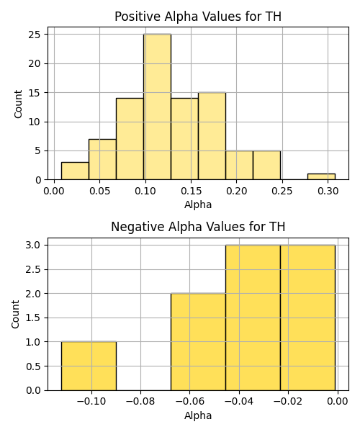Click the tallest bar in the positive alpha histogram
157,107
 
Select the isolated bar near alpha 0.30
321,176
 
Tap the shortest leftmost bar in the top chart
75,171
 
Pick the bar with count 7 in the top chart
102,160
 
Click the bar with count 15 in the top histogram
212,136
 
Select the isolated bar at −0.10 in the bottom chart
89,366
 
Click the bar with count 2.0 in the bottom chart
198,341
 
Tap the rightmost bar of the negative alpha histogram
308,318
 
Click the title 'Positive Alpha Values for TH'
198,17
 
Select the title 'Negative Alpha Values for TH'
198,227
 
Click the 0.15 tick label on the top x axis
191,191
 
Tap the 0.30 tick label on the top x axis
328,191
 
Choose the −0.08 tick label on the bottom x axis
140,402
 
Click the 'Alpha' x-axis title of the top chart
198,204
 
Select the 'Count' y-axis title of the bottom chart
15,314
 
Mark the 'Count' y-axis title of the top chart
18,104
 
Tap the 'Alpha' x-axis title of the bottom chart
198,415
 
